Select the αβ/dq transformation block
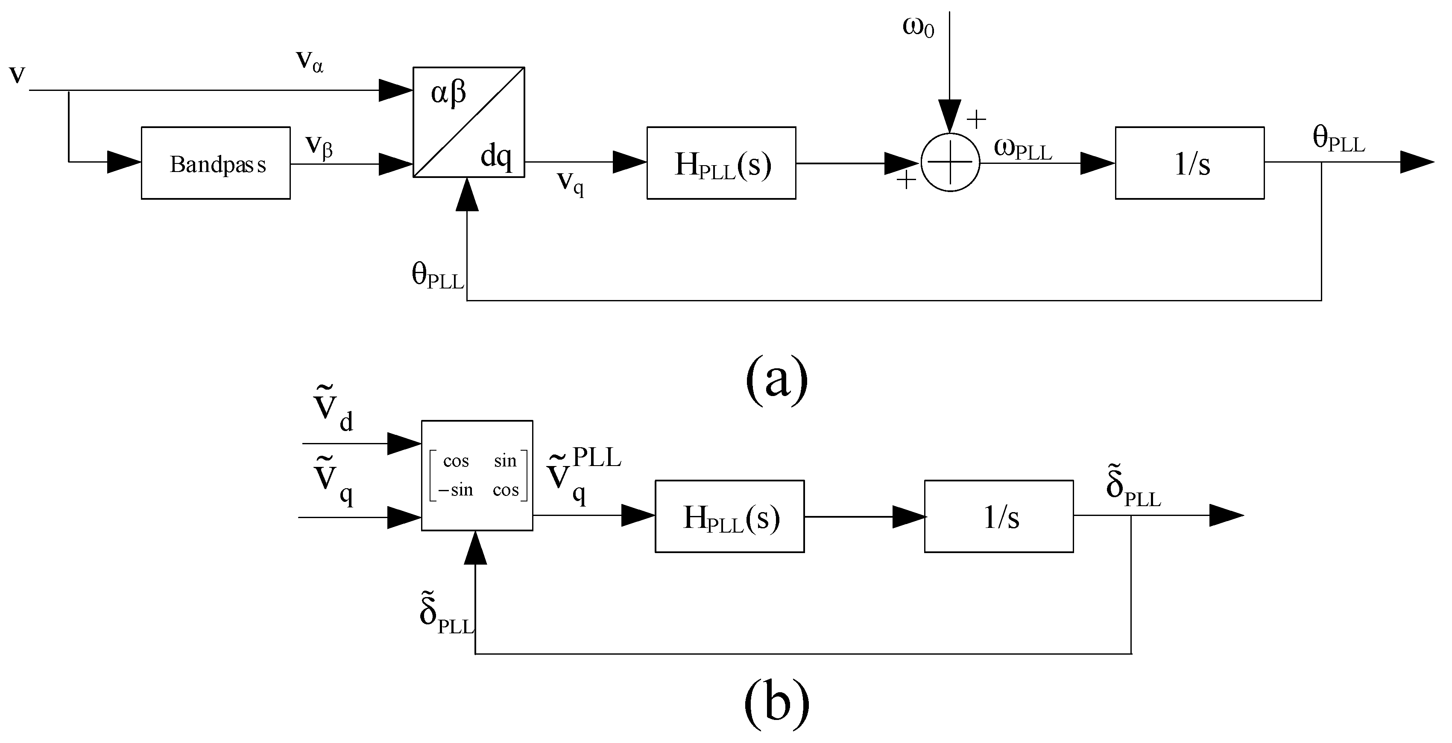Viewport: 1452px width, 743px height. [468, 122]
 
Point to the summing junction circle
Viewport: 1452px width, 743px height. [950, 162]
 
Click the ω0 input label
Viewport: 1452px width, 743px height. [918, 27]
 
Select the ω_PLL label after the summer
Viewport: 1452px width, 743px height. [1022, 149]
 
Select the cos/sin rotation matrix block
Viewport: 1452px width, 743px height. [477, 475]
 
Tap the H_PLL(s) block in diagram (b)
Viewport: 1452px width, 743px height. [729, 516]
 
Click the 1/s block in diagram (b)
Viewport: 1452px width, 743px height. [998, 516]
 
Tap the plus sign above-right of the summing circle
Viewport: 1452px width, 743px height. [976, 119]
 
